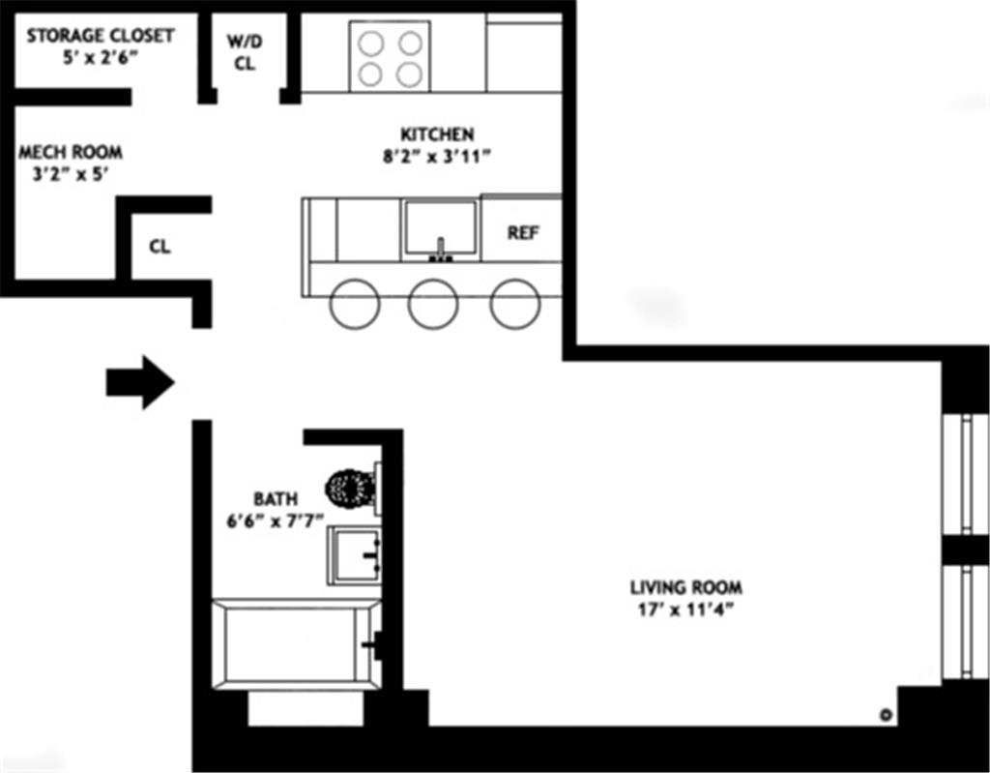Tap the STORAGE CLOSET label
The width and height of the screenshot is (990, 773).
tap(101, 36)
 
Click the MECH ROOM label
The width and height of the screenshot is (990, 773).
tap(71, 153)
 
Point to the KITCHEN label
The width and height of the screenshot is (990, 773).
tap(437, 134)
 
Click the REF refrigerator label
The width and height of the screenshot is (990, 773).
tap(523, 233)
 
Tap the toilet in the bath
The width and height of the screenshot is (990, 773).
tap(352, 489)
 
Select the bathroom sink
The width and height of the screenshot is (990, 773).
tap(354, 555)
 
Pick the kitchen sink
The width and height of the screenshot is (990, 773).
tap(440, 229)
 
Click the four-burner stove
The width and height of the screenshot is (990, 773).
tap(391, 57)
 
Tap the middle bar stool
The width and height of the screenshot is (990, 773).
tap(433, 304)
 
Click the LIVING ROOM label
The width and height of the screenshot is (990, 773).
tap(686, 587)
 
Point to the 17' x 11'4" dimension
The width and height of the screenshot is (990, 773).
tap(686, 610)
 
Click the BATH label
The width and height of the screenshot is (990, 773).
tap(275, 499)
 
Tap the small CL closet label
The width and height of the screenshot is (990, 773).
tap(160, 247)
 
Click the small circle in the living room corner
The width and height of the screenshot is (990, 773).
tap(883, 716)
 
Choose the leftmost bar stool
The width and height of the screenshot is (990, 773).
tap(354, 304)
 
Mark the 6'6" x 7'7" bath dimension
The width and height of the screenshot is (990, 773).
tap(275, 520)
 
